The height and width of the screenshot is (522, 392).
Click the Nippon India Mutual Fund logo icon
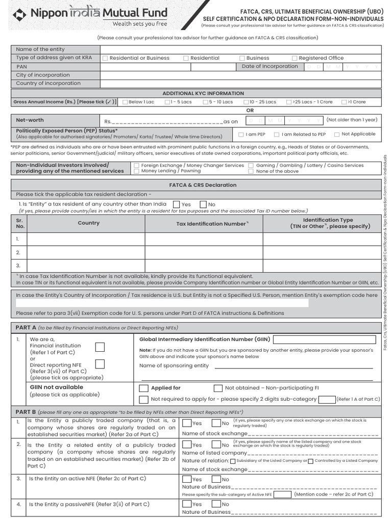pyautogui.click(x=20, y=14)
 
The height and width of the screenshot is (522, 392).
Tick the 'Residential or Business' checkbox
pyautogui.click(x=105, y=58)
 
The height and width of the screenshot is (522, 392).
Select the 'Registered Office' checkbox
pyautogui.click(x=295, y=58)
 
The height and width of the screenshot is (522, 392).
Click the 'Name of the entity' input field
pyautogui.click(x=240, y=49)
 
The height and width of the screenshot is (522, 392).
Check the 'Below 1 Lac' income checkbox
pyautogui.click(x=125, y=102)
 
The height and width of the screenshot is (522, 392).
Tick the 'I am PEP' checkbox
pyautogui.click(x=241, y=135)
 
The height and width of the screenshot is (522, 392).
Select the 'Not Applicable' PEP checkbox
pyautogui.click(x=337, y=135)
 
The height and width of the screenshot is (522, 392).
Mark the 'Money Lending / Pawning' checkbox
pyautogui.click(x=136, y=171)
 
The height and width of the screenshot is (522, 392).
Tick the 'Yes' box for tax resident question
pyautogui.click(x=177, y=204)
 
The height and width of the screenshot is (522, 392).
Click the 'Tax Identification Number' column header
pyautogui.click(x=211, y=224)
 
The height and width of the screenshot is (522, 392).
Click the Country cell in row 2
pyautogui.click(x=85, y=252)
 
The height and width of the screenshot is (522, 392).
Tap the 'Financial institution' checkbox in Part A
pyautogui.click(x=100, y=347)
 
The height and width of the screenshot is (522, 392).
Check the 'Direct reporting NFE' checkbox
pyautogui.click(x=100, y=364)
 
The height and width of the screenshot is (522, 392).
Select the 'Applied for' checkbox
pyautogui.click(x=143, y=388)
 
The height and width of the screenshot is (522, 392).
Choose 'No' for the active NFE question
pyautogui.click(x=216, y=479)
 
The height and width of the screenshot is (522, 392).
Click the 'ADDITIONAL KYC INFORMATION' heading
pyautogui.click(x=203, y=93)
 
